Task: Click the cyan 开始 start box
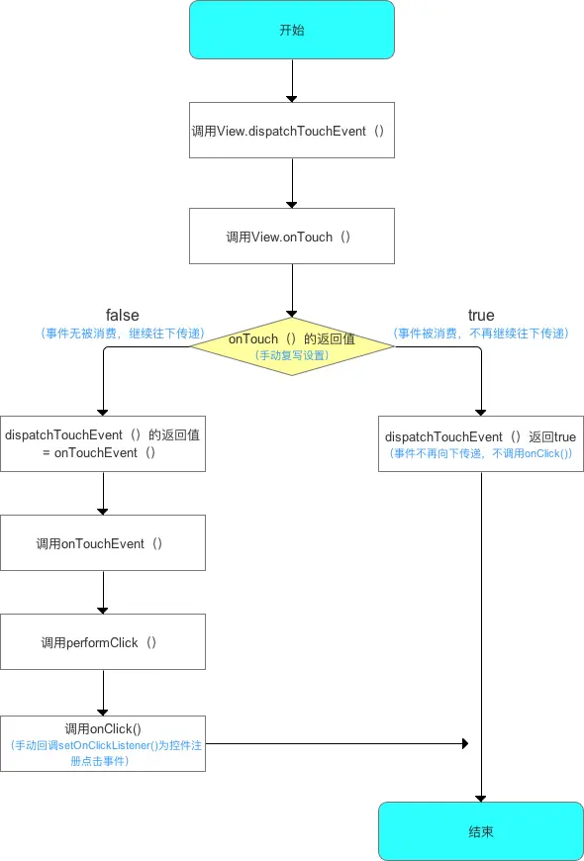292,30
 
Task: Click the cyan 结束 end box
481,831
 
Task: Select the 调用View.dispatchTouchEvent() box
292,130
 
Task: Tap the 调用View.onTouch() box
292,237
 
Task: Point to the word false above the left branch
122,316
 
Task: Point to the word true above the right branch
481,316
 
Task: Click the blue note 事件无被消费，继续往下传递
122,334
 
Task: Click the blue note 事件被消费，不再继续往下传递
481,334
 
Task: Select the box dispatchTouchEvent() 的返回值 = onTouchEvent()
103,443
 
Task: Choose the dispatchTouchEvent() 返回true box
481,443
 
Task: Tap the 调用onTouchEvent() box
103,542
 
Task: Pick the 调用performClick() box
103,641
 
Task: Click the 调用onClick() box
103,743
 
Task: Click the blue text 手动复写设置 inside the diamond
292,354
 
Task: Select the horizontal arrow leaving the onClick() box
337,743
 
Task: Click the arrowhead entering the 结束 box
481,797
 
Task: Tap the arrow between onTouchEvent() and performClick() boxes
103,592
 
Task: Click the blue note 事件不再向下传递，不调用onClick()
481,452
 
